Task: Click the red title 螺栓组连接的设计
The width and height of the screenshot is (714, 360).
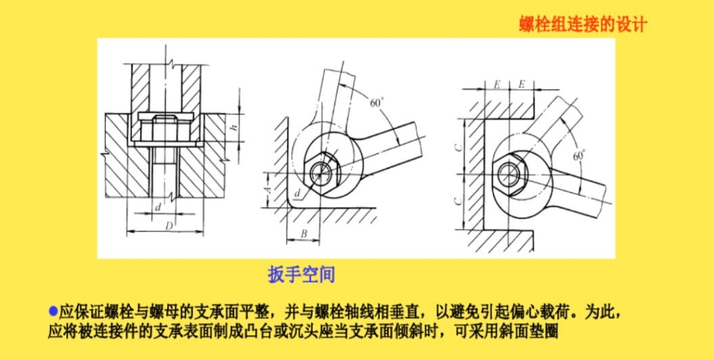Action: (583, 24)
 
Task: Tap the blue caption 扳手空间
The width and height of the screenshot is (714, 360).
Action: (301, 275)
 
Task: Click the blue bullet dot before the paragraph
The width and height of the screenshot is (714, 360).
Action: (54, 312)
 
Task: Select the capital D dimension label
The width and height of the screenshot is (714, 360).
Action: (168, 226)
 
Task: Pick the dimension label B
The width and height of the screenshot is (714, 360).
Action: (304, 234)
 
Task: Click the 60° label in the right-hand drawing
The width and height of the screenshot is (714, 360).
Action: (578, 156)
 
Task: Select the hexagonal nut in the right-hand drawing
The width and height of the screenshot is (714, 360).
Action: (510, 174)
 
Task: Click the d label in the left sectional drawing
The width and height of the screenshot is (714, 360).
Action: (158, 207)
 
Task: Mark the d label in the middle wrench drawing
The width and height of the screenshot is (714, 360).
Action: (297, 195)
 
